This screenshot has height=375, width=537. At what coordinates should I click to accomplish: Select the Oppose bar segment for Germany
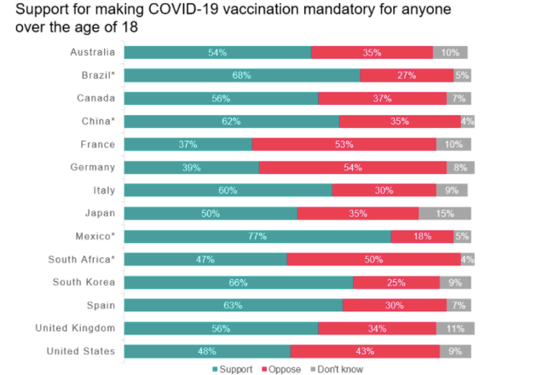pyautogui.click(x=348, y=167)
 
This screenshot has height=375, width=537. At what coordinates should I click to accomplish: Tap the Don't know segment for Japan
pyautogui.click(x=445, y=213)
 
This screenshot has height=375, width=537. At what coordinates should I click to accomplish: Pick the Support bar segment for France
pyautogui.click(x=188, y=144)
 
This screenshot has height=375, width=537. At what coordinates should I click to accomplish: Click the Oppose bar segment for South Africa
pyautogui.click(x=374, y=259)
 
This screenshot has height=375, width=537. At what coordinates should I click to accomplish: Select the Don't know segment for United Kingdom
pyautogui.click(x=455, y=328)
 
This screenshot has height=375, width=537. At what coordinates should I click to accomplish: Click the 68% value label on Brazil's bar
pyautogui.click(x=241, y=75)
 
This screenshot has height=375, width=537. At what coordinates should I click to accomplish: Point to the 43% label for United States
pyautogui.click(x=365, y=351)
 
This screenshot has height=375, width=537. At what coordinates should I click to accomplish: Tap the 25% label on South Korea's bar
pyautogui.click(x=396, y=282)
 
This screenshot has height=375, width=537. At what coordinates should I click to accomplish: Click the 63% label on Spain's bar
pyautogui.click(x=233, y=305)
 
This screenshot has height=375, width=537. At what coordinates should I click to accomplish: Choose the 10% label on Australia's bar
pyautogui.click(x=450, y=52)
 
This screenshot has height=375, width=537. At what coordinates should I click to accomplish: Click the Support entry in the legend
pyautogui.click(x=231, y=369)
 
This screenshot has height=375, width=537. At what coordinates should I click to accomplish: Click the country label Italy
pyautogui.click(x=104, y=190)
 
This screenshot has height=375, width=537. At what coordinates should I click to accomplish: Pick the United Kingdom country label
pyautogui.click(x=75, y=328)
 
